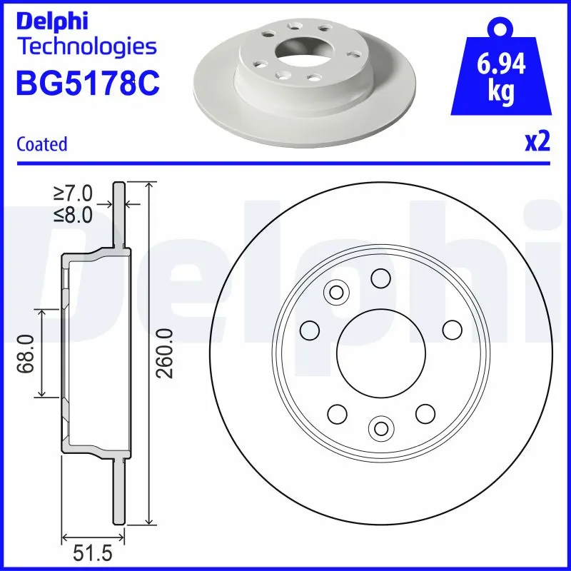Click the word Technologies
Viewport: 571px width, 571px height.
tap(86, 47)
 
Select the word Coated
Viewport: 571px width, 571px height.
tap(41, 144)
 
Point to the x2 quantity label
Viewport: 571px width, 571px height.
tap(537, 143)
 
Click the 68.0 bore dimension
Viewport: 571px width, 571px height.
tap(27, 353)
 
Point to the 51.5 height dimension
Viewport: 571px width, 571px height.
tap(94, 554)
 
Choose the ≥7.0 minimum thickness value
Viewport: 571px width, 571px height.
tap(73, 193)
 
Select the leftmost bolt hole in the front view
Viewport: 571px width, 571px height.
tap(310, 330)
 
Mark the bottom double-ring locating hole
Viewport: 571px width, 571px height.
tap(380, 428)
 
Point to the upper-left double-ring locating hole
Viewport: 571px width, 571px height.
tap(335, 292)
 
